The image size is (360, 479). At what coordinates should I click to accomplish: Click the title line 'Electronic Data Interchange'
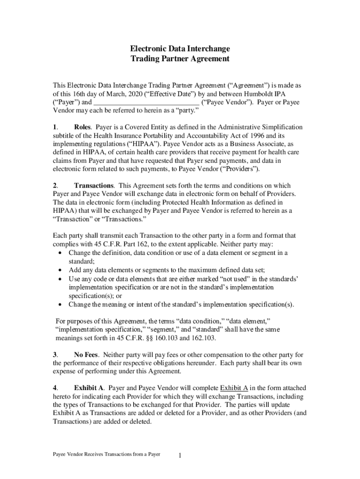(x=180, y=49)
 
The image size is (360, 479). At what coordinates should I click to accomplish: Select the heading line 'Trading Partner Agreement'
(x=180, y=59)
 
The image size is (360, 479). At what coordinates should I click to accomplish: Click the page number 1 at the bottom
(x=180, y=455)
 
